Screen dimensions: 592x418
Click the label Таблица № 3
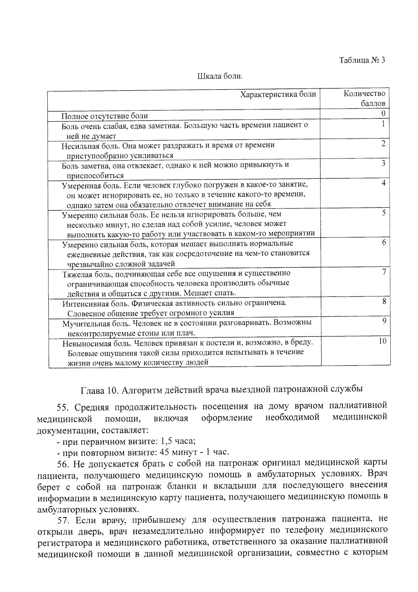[x=362, y=60]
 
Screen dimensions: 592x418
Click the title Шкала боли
[x=220, y=76]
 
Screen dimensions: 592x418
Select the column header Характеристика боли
[x=278, y=94]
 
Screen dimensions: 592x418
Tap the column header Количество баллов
[x=364, y=98]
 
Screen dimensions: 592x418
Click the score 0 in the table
[x=383, y=113]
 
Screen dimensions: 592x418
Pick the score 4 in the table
[x=383, y=183]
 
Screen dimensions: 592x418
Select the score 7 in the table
[x=384, y=272]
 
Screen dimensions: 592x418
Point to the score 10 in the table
[x=382, y=341]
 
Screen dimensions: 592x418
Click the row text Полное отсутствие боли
[x=105, y=116]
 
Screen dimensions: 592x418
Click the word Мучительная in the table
[x=84, y=323]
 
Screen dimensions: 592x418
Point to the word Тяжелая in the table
[x=75, y=274]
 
